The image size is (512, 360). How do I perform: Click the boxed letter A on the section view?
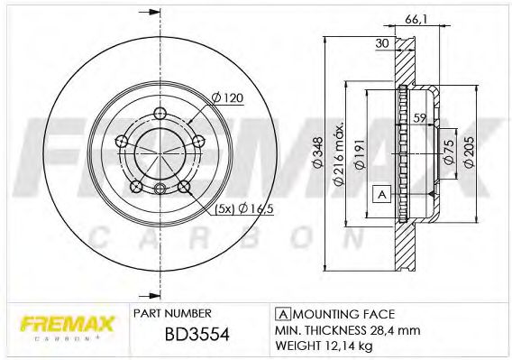pyautogui.click(x=380, y=194)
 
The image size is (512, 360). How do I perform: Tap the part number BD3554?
pyautogui.click(x=197, y=335)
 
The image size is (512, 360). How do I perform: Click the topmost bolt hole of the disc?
pyautogui.click(x=160, y=114)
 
